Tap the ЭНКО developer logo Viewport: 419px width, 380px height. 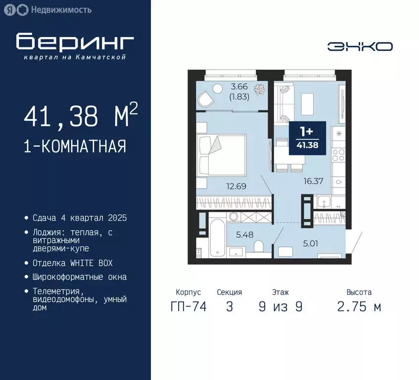point(360,47)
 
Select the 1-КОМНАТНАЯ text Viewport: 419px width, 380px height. point(75,146)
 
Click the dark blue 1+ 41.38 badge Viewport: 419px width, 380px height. point(307,139)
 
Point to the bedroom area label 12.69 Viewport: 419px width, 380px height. point(236,187)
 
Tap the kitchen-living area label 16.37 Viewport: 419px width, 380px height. point(313,181)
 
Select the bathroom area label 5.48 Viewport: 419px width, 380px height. point(244,235)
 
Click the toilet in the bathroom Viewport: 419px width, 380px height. point(258,246)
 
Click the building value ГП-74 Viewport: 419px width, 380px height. point(188,307)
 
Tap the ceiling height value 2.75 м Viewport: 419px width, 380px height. point(359,307)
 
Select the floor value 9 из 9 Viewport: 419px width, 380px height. point(280,307)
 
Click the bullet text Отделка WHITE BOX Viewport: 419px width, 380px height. point(73,263)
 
